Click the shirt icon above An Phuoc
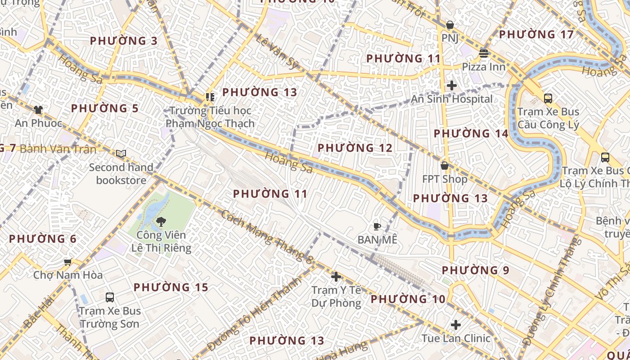[x=38, y=109]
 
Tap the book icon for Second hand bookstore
[x=121, y=153]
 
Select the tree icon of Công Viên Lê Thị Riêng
[x=161, y=221]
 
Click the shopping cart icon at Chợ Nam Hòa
[x=68, y=261]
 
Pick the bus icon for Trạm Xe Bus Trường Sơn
[x=110, y=297]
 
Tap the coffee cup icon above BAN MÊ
[x=377, y=226]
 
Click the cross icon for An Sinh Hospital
[x=452, y=85]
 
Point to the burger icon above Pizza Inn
[x=484, y=54]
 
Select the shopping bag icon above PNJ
[x=449, y=25]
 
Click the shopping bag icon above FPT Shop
[x=445, y=166]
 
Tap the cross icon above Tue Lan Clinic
[x=456, y=324]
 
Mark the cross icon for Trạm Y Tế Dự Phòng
[x=336, y=276]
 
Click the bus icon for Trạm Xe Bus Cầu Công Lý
[x=548, y=98]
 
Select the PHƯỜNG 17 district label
[x=536, y=34]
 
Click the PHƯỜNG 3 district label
[x=124, y=41]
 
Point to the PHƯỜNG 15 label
[x=171, y=287]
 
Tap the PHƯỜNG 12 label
[x=355, y=148]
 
